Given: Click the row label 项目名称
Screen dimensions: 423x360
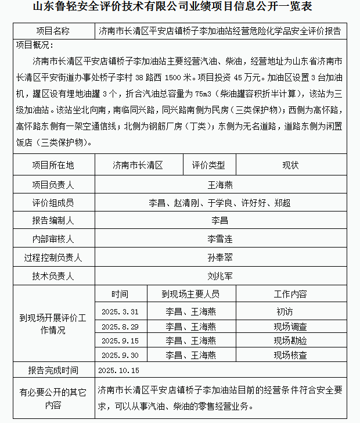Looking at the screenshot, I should pyautogui.click(x=53, y=31).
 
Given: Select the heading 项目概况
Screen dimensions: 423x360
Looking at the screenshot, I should pyautogui.click(x=35, y=45).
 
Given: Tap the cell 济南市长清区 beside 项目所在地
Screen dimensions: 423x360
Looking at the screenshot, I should pyautogui.click(x=138, y=165).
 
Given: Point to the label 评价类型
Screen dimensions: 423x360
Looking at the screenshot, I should pyautogui.click(x=208, y=165).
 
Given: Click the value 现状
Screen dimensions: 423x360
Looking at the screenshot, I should pyautogui.click(x=290, y=165).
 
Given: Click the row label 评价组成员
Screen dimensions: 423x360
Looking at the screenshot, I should pyautogui.click(x=53, y=203).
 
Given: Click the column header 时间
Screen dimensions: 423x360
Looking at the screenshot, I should pyautogui.click(x=120, y=294).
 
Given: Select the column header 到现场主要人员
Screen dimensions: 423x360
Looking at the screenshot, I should pyautogui.click(x=190, y=294).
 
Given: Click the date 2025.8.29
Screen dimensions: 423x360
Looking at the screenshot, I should pyautogui.click(x=120, y=326).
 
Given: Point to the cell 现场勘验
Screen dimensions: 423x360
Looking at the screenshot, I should pyautogui.click(x=290, y=340).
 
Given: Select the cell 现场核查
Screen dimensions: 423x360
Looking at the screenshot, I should pyautogui.click(x=290, y=355).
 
